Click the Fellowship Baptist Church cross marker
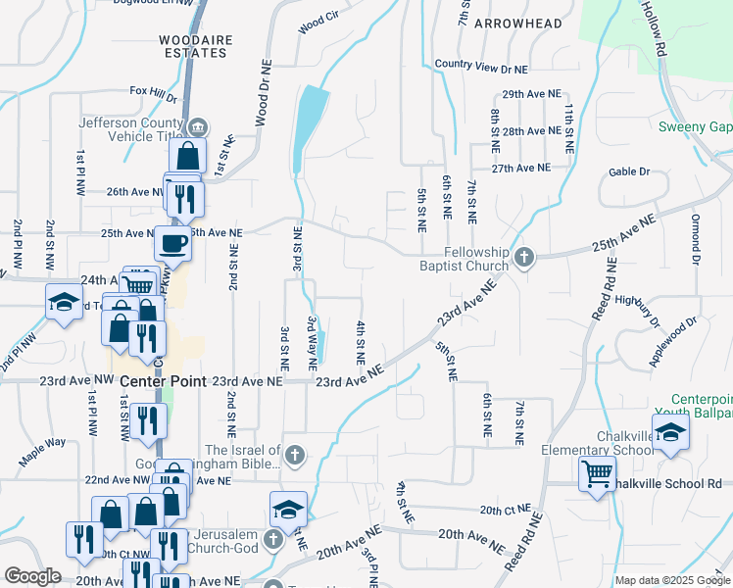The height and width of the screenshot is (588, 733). [524, 258]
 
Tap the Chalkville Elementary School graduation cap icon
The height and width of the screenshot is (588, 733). [670, 433]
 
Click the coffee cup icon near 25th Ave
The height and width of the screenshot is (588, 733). [173, 242]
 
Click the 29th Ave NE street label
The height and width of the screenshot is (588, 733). [531, 94]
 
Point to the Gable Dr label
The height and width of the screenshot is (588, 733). [629, 171]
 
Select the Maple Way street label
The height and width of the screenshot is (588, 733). [42, 448]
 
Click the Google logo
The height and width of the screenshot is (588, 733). [32, 576]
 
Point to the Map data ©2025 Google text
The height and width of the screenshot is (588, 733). [671, 580]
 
